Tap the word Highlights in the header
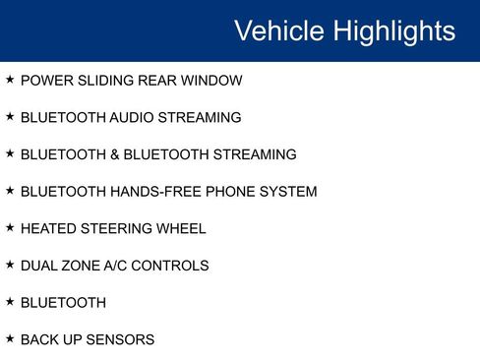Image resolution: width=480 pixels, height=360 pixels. click(x=394, y=30)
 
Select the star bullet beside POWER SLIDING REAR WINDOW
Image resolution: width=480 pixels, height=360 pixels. click(x=10, y=80)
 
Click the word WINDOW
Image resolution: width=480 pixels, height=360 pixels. click(x=212, y=81)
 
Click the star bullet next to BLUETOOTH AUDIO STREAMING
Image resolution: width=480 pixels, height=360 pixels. click(x=10, y=117)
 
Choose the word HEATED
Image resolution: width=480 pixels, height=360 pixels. click(x=47, y=229)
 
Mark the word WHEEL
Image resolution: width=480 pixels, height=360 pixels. click(x=180, y=229)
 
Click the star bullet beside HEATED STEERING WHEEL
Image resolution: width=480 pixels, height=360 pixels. click(x=10, y=228)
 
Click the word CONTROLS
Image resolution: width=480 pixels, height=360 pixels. click(x=174, y=266)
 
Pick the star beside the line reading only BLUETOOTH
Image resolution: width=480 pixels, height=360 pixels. click(x=10, y=302)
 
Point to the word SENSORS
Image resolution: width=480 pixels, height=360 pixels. click(x=120, y=340)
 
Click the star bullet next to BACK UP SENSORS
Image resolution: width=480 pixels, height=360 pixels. click(x=10, y=339)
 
